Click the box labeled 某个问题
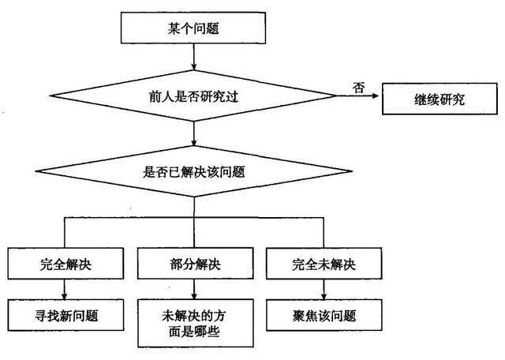[193, 28]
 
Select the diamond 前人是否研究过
[193, 96]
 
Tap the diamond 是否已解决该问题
[193, 171]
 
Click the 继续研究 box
[440, 99]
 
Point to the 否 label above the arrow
[358, 88]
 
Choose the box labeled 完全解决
[65, 264]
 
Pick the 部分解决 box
[195, 264]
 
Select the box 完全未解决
[324, 264]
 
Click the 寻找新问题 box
[65, 315]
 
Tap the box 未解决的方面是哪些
[195, 323]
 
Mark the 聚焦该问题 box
[324, 315]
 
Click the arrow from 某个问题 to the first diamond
[193, 57]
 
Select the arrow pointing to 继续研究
[357, 96]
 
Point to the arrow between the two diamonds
[193, 133]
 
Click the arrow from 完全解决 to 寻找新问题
[65, 290]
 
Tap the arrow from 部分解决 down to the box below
[194, 290]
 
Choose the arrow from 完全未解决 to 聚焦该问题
[324, 290]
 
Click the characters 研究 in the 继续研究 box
[452, 99]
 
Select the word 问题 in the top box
[206, 28]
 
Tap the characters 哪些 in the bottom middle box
[207, 332]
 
